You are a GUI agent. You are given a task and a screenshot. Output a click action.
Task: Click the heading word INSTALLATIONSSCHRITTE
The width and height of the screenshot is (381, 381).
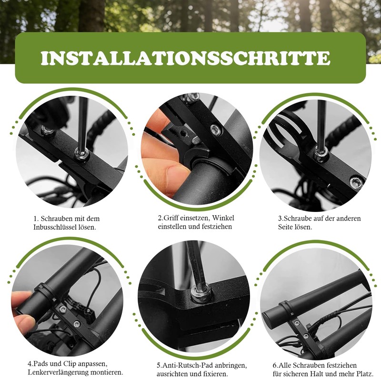click(x=185, y=58)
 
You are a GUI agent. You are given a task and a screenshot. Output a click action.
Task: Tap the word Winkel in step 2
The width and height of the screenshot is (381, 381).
click(x=223, y=218)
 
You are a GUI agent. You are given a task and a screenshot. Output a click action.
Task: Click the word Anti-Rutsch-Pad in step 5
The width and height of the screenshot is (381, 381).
click(x=188, y=365)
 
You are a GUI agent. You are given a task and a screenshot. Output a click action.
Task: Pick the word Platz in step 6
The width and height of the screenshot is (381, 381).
click(x=365, y=374)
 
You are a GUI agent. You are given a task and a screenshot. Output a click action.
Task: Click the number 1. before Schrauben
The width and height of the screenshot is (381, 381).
click(x=36, y=219)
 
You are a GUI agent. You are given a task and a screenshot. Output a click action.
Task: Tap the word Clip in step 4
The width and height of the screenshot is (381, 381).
click(x=70, y=364)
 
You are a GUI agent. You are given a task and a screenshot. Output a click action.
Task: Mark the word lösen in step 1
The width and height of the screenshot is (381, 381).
click(x=89, y=228)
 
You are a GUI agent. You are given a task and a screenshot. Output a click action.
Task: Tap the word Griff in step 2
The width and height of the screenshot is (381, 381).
click(x=172, y=218)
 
